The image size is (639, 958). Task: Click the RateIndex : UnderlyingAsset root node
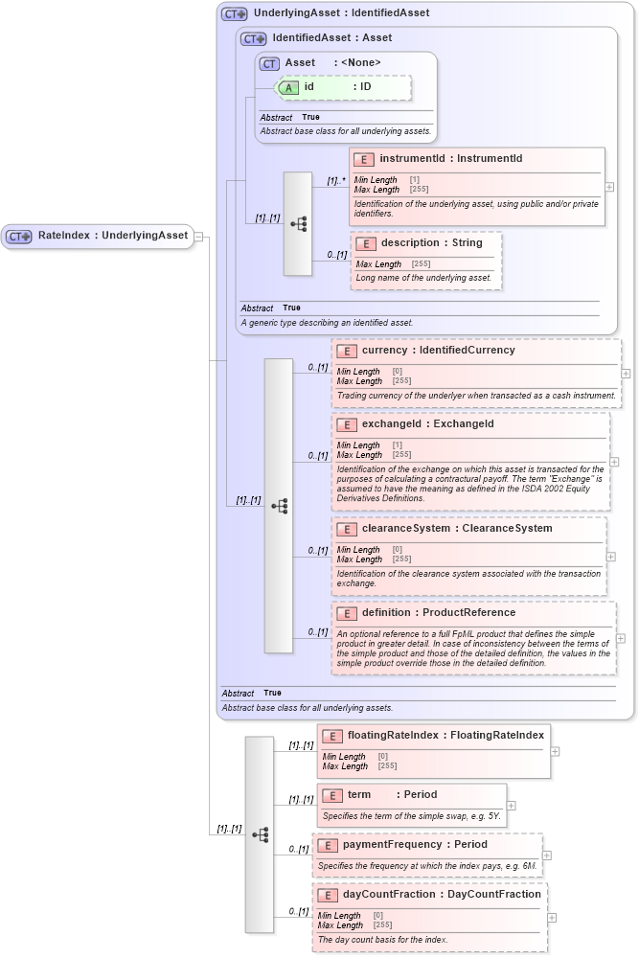99,236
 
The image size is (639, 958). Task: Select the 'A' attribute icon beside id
288,87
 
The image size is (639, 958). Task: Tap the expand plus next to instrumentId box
609,187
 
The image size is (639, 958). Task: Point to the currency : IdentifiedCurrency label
438,351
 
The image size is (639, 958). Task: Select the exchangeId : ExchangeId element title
427,424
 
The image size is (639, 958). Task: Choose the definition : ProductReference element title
438,613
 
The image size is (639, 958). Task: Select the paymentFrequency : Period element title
415,845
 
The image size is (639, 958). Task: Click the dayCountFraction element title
442,895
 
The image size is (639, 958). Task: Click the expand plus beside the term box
511,806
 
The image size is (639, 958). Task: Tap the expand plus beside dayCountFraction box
552,917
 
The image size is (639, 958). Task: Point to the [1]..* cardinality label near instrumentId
335,180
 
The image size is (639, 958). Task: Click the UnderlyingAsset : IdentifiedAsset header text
341,13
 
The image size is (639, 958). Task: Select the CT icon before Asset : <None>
269,63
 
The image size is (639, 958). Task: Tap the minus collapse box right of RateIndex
198,236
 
